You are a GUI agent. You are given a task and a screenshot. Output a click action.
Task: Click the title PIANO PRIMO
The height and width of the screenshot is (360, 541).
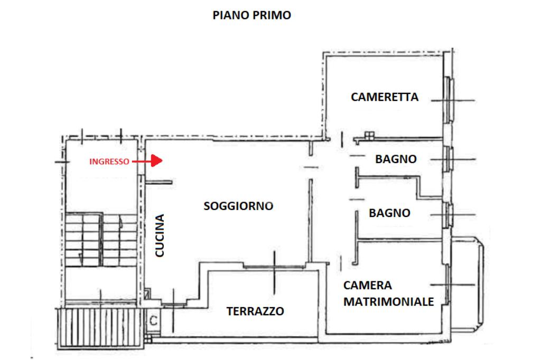(x=251, y=15)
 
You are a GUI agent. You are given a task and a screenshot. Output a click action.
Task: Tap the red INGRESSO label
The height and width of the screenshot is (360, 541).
(x=109, y=162)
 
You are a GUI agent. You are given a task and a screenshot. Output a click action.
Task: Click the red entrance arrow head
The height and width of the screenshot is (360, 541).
(x=156, y=160)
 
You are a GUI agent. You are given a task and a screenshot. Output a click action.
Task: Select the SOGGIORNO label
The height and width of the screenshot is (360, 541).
(x=238, y=206)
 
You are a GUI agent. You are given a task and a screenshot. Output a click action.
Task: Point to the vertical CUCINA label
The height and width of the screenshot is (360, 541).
(x=160, y=235)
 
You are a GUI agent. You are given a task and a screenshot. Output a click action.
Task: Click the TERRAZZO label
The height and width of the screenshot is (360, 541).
(x=255, y=311)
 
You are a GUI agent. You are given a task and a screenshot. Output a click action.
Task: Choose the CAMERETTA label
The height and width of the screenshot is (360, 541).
(x=385, y=97)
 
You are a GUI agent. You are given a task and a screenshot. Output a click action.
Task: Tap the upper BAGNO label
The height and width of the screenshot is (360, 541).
(x=396, y=159)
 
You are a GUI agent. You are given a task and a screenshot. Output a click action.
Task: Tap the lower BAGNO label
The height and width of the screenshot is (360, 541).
(x=389, y=213)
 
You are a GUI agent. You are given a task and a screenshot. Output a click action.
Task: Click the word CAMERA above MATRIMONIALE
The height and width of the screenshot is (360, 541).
(x=368, y=285)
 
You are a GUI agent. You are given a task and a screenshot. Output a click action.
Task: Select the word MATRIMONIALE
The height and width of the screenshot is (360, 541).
(x=388, y=301)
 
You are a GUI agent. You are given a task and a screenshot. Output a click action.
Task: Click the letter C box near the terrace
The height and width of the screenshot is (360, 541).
(x=154, y=321)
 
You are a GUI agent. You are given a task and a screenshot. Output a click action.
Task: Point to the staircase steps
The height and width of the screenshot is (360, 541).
(x=101, y=240)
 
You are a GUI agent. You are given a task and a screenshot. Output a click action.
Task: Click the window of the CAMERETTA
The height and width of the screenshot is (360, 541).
(x=449, y=99)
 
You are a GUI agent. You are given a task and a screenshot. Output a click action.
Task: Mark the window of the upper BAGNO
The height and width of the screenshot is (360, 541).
(x=449, y=159)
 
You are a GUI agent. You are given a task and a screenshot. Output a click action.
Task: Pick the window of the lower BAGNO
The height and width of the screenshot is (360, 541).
(x=449, y=215)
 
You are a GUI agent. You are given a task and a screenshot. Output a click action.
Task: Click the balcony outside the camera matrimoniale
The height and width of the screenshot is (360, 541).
(x=468, y=285)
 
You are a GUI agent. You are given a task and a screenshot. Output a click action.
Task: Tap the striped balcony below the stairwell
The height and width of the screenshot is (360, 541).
(x=100, y=328)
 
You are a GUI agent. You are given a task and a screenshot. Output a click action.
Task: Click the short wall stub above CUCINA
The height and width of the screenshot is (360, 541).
(x=158, y=182)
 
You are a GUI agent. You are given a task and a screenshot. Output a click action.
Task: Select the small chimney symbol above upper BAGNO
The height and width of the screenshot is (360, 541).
(x=369, y=136)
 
